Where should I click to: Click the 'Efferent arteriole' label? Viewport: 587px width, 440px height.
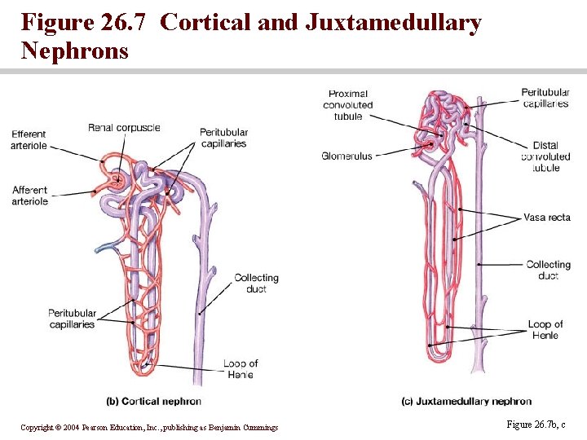[x=29, y=140]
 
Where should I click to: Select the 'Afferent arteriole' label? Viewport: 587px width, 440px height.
[x=29, y=196]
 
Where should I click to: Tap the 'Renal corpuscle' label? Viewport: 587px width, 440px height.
[x=124, y=128]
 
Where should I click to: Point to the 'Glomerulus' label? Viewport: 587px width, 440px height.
[x=346, y=156]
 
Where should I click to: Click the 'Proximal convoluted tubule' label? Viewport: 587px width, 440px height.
[x=348, y=104]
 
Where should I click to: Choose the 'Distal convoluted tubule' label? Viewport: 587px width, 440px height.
[x=545, y=156]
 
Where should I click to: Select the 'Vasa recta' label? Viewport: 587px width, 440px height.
[x=546, y=218]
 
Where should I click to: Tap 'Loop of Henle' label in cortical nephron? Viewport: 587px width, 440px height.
[x=240, y=369]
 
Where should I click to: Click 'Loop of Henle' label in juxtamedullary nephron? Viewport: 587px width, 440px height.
[x=545, y=330]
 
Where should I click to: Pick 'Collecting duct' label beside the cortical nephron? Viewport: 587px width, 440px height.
[x=256, y=283]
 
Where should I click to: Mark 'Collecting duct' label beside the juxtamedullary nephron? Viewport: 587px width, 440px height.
[x=548, y=270]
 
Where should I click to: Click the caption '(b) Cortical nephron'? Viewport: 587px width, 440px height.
[x=154, y=401]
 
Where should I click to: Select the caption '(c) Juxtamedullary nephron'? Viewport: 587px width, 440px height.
[x=466, y=401]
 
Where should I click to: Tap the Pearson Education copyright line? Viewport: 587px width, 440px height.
[x=149, y=428]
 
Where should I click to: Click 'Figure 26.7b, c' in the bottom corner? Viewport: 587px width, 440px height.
[x=536, y=425]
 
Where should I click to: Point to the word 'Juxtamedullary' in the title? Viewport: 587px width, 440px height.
[x=393, y=22]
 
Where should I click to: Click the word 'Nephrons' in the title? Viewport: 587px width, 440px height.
[x=75, y=51]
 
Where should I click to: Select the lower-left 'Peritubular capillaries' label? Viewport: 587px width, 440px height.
[x=72, y=319]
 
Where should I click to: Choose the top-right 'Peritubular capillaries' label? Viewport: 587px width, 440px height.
[x=545, y=98]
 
